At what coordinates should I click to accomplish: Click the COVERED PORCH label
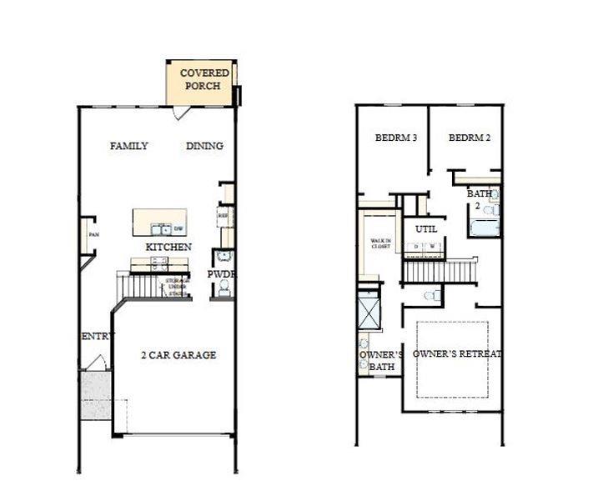coord(204,79)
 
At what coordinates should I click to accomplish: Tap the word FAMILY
coord(129,146)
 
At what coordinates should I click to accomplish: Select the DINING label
coord(204,146)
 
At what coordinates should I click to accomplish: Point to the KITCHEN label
coord(168,248)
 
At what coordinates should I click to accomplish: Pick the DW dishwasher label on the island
coord(178,228)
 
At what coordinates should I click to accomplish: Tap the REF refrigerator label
coord(223,215)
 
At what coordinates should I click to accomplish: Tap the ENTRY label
coord(98,336)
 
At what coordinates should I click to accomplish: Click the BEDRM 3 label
coord(395,138)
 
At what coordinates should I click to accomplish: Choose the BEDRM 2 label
coord(468,138)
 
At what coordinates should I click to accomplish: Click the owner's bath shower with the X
coord(369,312)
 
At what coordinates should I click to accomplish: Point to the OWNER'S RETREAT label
coord(457,354)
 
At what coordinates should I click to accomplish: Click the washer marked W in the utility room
coord(432,247)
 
